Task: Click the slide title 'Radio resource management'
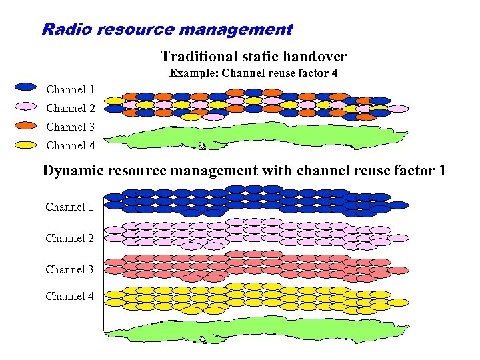tap(167, 29)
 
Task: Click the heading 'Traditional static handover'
tap(253, 57)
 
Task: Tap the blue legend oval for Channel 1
tap(25, 87)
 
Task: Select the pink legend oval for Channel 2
tap(25, 105)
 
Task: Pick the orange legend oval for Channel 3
tap(25, 124)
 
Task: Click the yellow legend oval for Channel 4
tap(25, 143)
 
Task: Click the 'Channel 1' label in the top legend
tap(70, 89)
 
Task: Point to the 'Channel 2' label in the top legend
tap(70, 108)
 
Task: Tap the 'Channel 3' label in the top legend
tap(70, 127)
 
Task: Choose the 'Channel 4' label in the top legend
tap(70, 145)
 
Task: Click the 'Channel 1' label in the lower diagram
tap(69, 207)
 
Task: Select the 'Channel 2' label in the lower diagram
tap(69, 238)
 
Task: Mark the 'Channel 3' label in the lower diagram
tap(69, 269)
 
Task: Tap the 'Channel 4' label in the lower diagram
tap(69, 296)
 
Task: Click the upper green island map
tap(260, 137)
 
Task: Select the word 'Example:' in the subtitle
tap(194, 73)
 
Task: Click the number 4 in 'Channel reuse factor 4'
tap(334, 73)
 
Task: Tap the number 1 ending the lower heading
tap(442, 171)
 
